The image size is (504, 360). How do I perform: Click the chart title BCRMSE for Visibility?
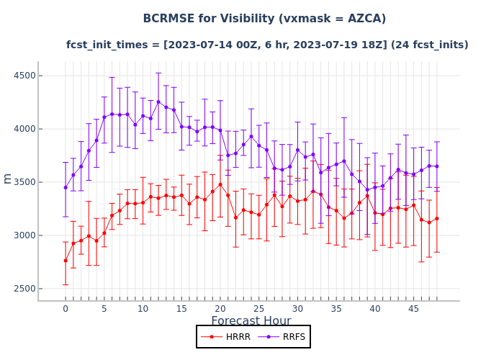click(264, 19)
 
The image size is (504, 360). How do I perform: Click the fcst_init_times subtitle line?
click(267, 45)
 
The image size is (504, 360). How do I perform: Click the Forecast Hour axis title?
click(251, 321)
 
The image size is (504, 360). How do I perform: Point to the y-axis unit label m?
click(8, 178)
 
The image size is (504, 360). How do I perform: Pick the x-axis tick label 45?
click(414, 309)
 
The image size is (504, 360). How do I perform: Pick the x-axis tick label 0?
click(66, 309)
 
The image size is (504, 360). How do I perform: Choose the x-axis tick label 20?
click(220, 309)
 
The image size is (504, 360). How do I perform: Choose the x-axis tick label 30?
click(297, 309)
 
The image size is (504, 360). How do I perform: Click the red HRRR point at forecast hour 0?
click(66, 261)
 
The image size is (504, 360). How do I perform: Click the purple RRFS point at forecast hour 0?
click(66, 187)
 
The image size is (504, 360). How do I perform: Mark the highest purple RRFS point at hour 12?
click(158, 102)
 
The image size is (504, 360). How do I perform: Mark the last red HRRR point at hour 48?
click(436, 218)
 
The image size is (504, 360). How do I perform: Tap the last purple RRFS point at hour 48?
click(436, 166)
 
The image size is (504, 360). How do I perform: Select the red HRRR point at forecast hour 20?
click(220, 184)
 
